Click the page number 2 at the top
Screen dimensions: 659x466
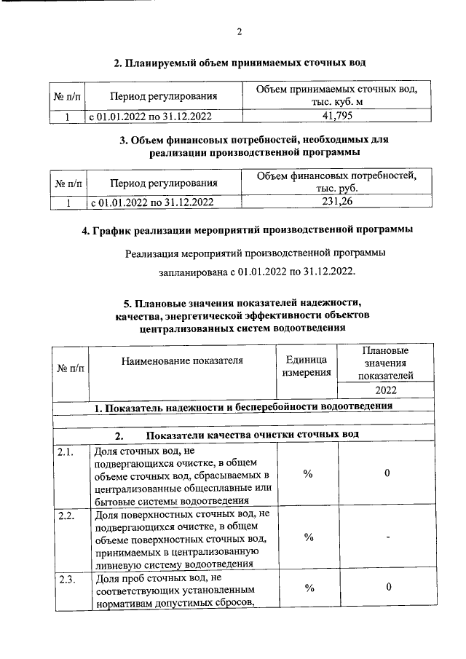240,31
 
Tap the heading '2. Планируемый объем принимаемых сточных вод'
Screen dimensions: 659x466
240,63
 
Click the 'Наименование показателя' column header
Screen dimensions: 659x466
182,360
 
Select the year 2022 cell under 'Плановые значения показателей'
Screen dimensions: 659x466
386,390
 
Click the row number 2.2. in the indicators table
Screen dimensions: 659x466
66,516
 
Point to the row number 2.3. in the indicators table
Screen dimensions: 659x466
66,579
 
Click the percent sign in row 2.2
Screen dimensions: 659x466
308,537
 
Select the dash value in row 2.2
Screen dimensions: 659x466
387,537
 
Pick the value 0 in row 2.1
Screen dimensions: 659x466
387,474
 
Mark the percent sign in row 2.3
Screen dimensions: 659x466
308,587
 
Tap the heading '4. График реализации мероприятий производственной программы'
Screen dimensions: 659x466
246,231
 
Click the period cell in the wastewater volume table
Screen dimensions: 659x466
151,116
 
